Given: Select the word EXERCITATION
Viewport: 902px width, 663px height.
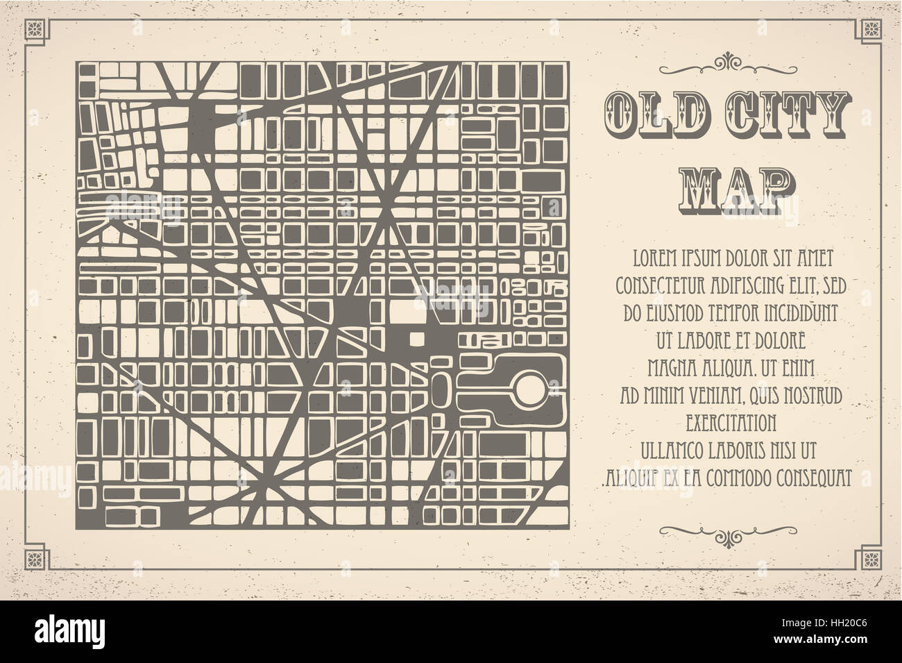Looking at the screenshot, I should click(730, 421).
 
